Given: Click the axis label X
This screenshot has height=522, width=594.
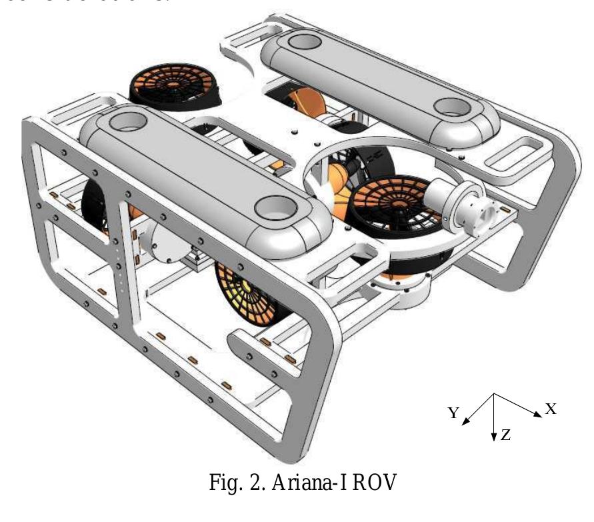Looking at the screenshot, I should click(x=551, y=409).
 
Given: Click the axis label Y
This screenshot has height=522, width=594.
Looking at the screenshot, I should click(x=453, y=413).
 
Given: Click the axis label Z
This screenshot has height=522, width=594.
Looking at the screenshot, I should click(x=506, y=435).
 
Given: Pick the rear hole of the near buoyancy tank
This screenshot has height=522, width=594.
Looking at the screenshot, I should click(x=123, y=122).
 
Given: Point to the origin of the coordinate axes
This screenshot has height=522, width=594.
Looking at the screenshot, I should click(x=493, y=394).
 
